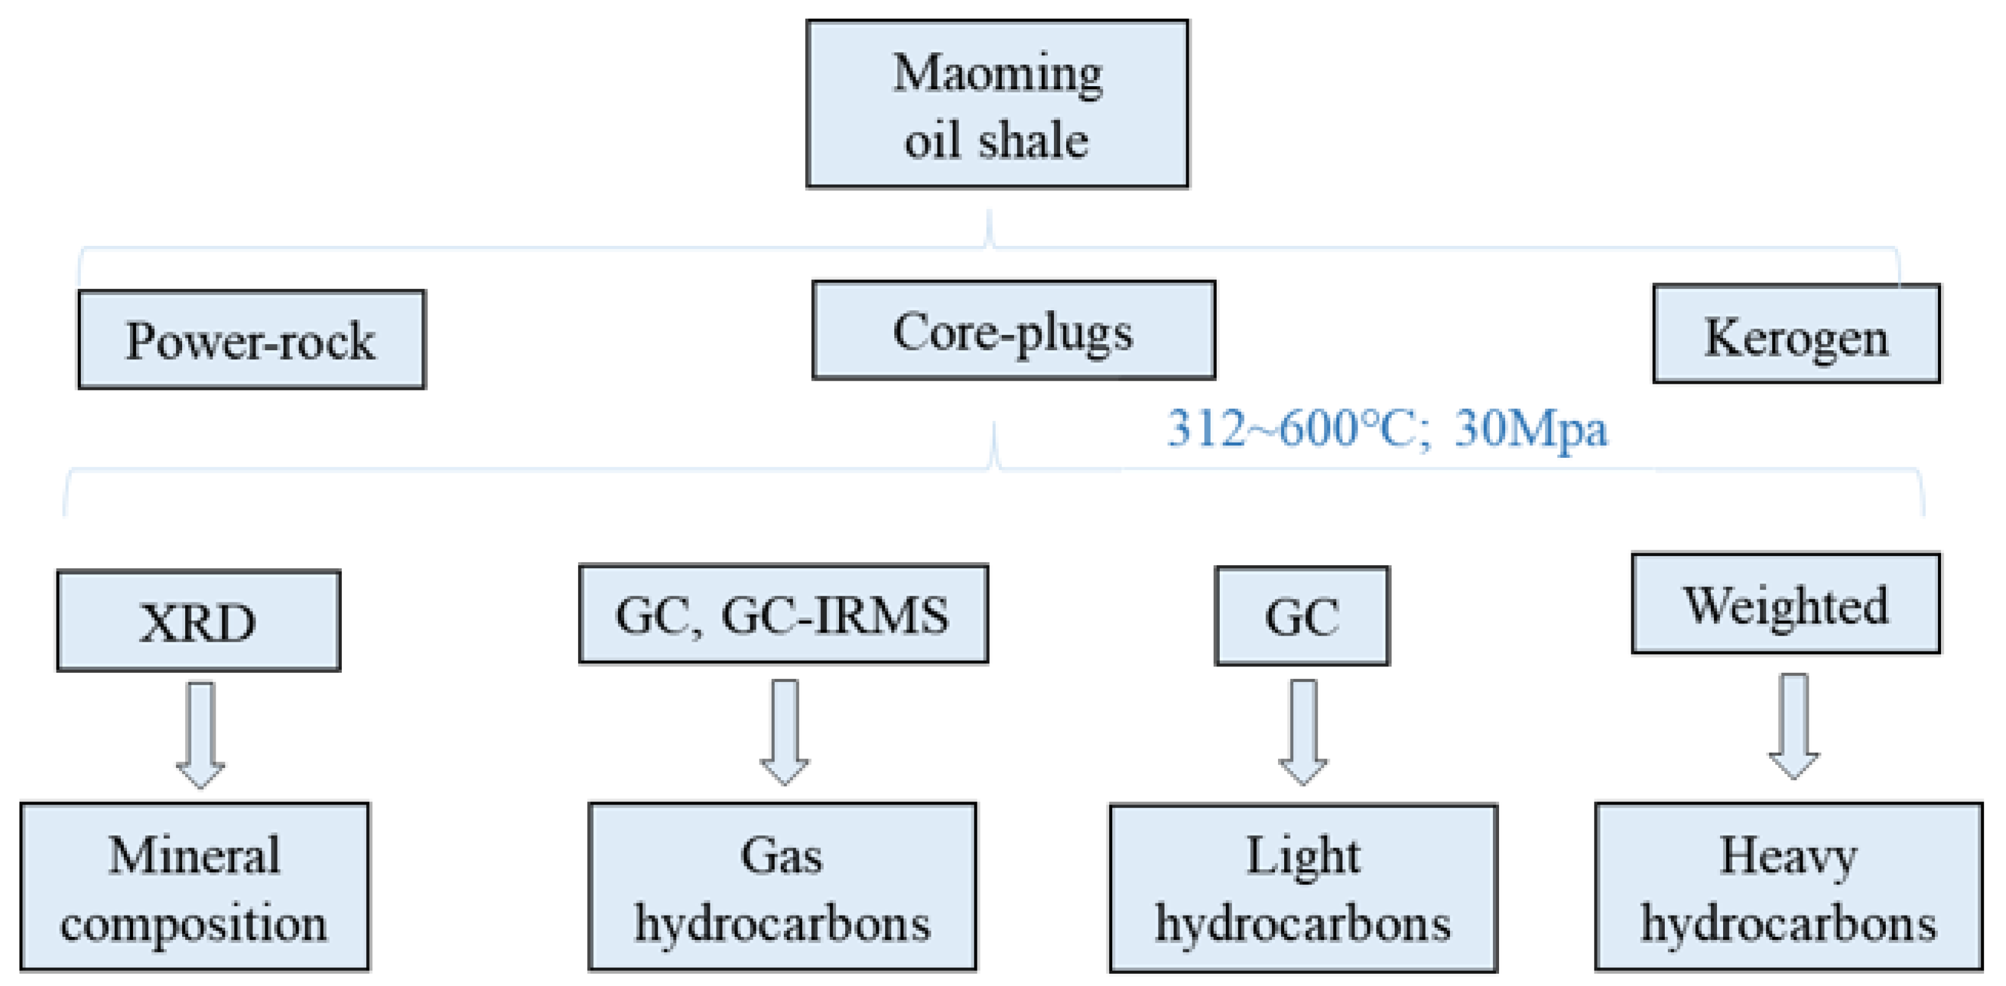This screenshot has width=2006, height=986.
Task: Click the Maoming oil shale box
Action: (x=997, y=104)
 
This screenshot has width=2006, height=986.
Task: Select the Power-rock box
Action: (x=251, y=339)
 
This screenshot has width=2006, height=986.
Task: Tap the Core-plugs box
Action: (x=1013, y=330)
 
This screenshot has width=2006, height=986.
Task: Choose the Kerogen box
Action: (x=1796, y=334)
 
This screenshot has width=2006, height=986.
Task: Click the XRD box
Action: (x=199, y=620)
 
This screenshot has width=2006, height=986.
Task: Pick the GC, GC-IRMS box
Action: (x=783, y=614)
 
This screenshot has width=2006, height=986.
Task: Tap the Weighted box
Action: (x=1786, y=604)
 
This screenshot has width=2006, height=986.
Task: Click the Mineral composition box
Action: (x=195, y=887)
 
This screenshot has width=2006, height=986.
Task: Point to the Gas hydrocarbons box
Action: (x=782, y=887)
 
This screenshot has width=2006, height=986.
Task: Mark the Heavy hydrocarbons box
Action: (x=1788, y=887)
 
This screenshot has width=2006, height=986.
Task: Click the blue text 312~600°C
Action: (x=1299, y=429)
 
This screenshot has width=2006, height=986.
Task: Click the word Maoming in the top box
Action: (x=997, y=74)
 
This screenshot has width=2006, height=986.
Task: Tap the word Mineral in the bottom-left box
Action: (x=195, y=855)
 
